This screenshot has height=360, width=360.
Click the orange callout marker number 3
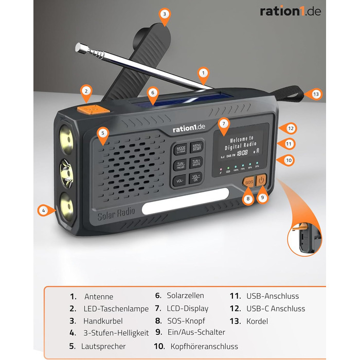[165, 15]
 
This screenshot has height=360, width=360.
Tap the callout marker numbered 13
[315, 94]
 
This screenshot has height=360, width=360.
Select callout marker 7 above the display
[223, 123]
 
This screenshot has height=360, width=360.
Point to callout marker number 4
[45, 209]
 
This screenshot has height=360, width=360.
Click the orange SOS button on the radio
[249, 182]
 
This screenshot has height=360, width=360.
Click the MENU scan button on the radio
[196, 148]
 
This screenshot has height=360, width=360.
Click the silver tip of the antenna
[79, 48]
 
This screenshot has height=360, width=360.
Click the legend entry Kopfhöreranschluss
[204, 347]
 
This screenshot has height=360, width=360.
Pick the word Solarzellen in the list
[185, 296]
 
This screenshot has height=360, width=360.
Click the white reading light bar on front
[185, 207]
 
